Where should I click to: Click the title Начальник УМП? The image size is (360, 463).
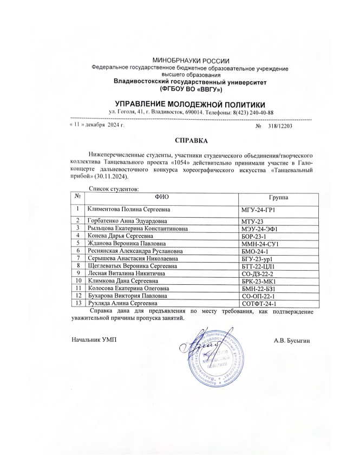pos(94,340)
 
